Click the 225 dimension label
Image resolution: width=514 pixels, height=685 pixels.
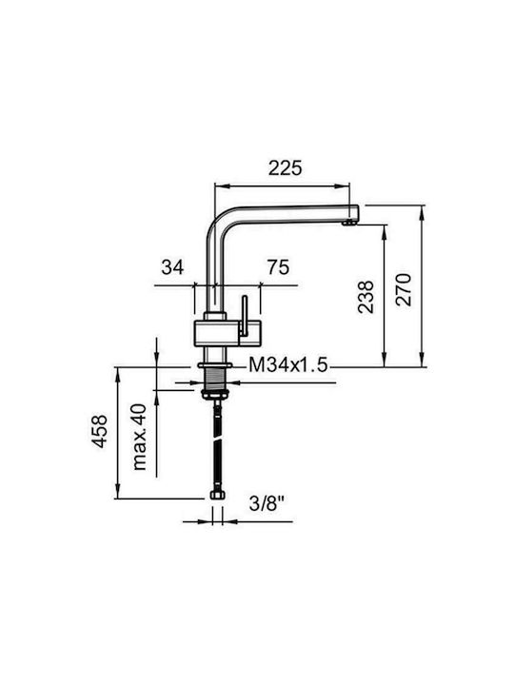coord(285,168)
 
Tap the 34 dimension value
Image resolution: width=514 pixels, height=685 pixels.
coord(172,267)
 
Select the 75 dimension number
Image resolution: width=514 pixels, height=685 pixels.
coord(278,267)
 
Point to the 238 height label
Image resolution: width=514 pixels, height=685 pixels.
coord(366,297)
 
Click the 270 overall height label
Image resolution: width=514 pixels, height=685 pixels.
coord(404,289)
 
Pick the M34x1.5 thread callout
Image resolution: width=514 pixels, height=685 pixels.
coord(288,364)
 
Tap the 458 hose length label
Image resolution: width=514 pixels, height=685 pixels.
coord(99,432)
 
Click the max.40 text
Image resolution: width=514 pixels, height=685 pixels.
coord(139,437)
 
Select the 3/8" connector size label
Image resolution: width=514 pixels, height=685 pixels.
coord(267,504)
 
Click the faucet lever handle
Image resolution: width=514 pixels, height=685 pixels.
coord(244,316)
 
